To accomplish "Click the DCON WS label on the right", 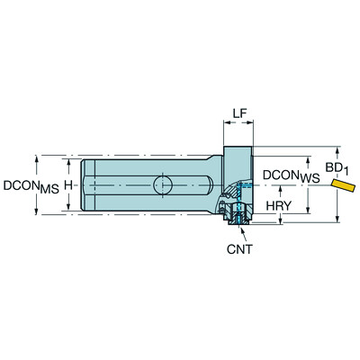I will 289,176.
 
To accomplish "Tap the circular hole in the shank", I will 163,184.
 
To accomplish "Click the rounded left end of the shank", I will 82,185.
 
